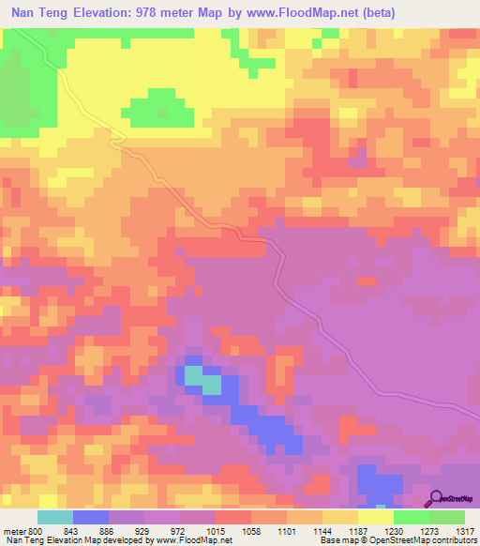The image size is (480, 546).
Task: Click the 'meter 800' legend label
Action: [x=22, y=531]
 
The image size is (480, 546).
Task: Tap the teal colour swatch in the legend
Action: [x=55, y=517]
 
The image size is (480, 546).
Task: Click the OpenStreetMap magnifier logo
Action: [x=437, y=499]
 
